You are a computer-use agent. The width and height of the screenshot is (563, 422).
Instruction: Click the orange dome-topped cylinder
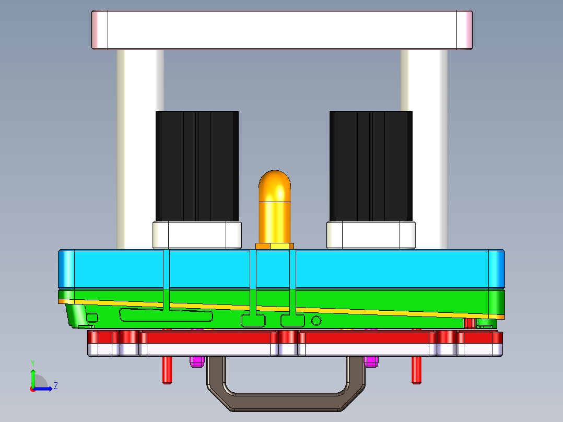(275, 206)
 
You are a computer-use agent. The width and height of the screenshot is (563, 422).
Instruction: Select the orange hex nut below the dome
(275, 245)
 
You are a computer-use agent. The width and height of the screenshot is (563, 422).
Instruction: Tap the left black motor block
(197, 166)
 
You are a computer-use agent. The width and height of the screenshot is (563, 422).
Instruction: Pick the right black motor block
(371, 166)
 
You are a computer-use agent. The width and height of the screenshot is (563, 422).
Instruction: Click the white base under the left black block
(197, 235)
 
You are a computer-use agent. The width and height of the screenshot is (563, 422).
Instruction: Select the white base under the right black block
(371, 235)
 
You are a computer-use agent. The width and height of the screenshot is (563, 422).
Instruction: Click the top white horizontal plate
(282, 30)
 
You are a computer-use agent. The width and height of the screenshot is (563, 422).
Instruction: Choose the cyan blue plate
(282, 268)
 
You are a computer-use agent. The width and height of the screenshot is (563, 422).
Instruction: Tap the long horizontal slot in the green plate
(166, 315)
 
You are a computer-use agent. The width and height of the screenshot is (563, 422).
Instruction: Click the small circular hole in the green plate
(316, 320)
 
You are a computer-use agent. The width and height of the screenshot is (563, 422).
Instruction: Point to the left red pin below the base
(167, 370)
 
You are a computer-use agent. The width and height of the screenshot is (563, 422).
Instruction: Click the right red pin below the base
(416, 370)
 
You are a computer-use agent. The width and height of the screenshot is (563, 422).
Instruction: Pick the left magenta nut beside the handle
(196, 361)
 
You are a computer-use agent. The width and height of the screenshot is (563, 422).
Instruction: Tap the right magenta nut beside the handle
(371, 361)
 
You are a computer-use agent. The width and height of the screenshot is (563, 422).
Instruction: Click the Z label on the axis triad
(55, 386)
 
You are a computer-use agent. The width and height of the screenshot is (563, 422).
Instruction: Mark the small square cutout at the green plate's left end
(92, 318)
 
